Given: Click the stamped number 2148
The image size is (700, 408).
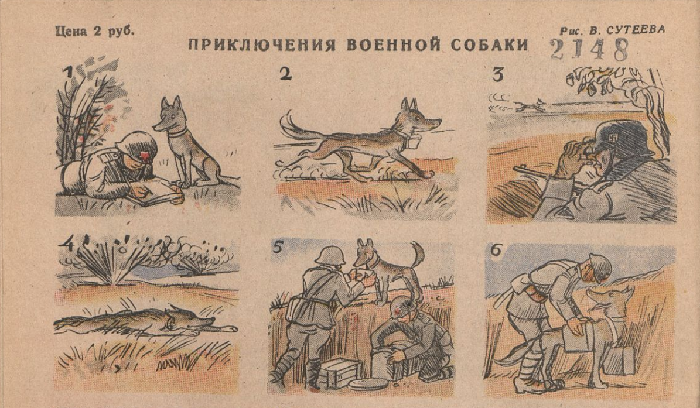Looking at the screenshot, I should pos(589,50).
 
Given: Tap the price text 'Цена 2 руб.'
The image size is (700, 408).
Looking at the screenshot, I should pos(94,31).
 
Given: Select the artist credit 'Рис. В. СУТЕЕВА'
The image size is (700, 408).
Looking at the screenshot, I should pos(612,30).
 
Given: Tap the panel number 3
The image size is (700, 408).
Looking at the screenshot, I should pos(497,75).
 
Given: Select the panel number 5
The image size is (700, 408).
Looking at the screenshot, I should pos(278,248).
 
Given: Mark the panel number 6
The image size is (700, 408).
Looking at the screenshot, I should pos(496,250).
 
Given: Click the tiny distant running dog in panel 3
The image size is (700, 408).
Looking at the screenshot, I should pos(530,105).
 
